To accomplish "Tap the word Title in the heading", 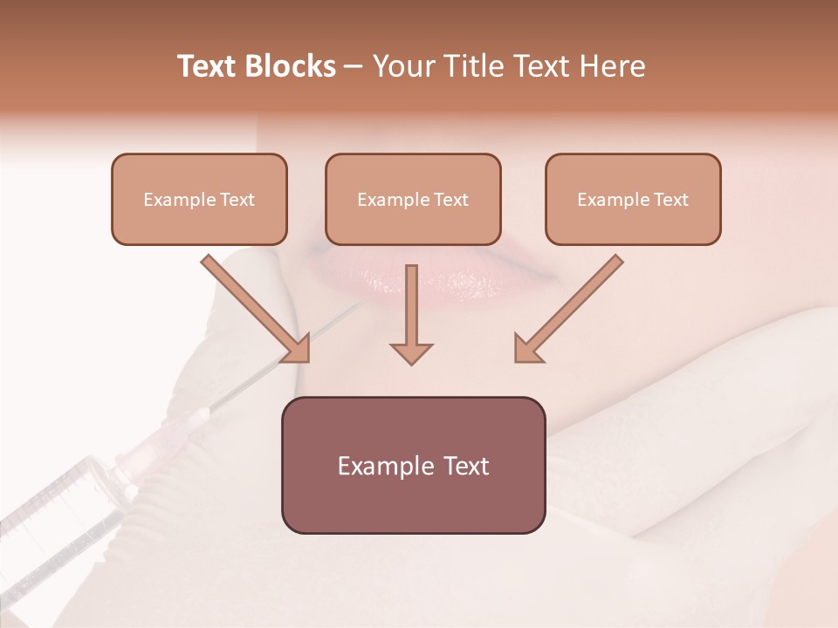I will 467,67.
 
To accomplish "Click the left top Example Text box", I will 199,199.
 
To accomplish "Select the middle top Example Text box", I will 413,199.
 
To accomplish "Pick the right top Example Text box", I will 633,199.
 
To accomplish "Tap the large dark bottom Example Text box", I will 413,465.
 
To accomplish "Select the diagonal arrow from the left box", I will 253,305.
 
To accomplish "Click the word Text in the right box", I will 671,200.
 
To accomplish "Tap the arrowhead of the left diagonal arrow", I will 297,349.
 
